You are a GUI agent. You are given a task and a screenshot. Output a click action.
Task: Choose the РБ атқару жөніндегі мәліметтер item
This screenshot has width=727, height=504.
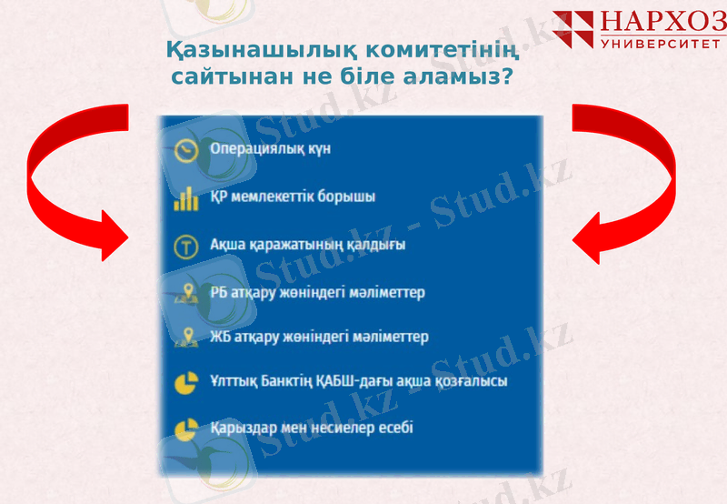tap(317, 292)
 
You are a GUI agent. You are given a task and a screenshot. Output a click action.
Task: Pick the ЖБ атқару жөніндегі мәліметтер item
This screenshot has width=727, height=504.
tap(318, 337)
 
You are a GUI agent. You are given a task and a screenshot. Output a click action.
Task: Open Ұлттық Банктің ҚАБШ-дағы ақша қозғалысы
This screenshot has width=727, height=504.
tap(358, 381)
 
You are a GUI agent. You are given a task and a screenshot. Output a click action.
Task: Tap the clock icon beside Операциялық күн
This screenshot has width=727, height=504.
tap(186, 149)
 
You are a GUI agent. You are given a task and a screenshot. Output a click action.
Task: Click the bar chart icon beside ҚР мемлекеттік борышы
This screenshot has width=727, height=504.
tap(186, 197)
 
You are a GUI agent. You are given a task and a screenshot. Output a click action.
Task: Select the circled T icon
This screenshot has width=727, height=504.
tap(186, 246)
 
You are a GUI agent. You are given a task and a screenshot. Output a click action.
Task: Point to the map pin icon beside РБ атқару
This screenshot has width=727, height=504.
tap(186, 292)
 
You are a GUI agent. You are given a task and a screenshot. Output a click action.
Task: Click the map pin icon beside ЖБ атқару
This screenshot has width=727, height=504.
tap(186, 338)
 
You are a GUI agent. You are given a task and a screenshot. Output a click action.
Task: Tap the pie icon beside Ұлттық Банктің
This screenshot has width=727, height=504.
tap(186, 382)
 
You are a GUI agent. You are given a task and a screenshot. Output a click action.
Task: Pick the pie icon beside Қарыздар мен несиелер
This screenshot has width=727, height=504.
tap(186, 427)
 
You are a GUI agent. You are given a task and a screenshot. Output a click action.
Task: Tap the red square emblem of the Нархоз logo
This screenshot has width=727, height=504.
tap(574, 29)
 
